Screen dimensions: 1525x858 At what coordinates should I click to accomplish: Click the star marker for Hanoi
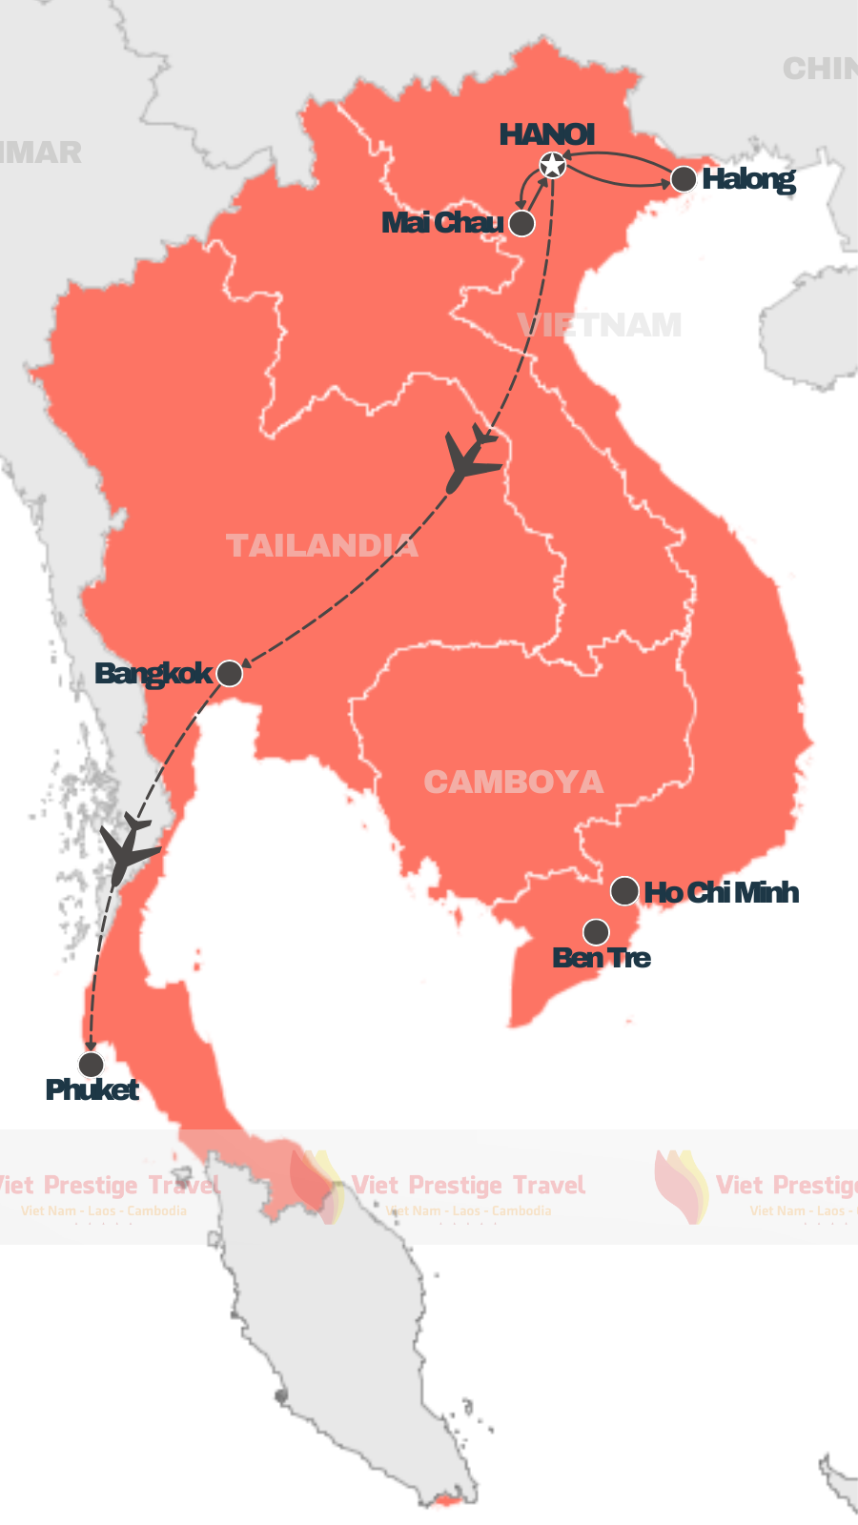pyautogui.click(x=552, y=166)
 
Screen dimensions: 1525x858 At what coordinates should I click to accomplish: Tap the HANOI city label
pyautogui.click(x=547, y=134)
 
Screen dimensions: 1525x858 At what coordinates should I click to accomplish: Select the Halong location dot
pyautogui.click(x=684, y=179)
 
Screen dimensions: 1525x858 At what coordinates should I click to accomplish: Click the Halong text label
pyautogui.click(x=748, y=179)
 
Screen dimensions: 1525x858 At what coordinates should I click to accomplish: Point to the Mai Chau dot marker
pyautogui.click(x=521, y=223)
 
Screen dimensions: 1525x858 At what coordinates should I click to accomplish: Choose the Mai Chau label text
pyautogui.click(x=442, y=223)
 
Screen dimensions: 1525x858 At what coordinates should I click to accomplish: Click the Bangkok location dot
pyautogui.click(x=230, y=674)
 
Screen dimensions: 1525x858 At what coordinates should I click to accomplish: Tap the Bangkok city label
pyautogui.click(x=153, y=674)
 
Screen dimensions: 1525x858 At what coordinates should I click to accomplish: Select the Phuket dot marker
pyautogui.click(x=92, y=1064)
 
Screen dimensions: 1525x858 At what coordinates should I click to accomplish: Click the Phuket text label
pyautogui.click(x=92, y=1089)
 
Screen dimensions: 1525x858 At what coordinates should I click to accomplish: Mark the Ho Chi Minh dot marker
pyautogui.click(x=624, y=891)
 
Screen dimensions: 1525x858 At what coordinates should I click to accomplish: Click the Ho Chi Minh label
pyautogui.click(x=722, y=892)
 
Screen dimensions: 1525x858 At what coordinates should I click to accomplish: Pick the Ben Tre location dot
pyautogui.click(x=596, y=931)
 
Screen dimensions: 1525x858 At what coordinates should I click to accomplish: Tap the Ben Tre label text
pyautogui.click(x=602, y=957)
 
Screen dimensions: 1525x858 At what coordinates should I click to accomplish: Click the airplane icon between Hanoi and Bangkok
pyautogui.click(x=470, y=458)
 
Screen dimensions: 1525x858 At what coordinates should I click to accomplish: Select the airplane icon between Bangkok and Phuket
pyautogui.click(x=127, y=848)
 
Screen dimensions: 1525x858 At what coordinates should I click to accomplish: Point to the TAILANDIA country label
pyautogui.click(x=322, y=545)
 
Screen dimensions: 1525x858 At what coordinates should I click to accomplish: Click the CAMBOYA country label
pyautogui.click(x=514, y=783)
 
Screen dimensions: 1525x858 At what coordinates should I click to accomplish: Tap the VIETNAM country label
pyautogui.click(x=601, y=326)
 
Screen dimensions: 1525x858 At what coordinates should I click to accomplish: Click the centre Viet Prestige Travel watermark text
pyautogui.click(x=468, y=1185)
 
